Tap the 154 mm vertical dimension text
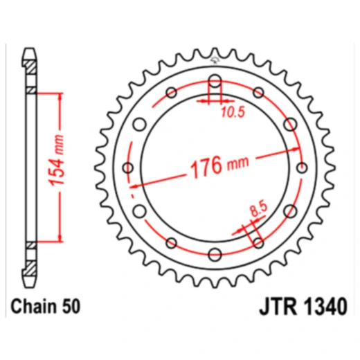point(57,161)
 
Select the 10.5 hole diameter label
point(233,113)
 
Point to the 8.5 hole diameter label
point(259,209)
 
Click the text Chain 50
point(46,307)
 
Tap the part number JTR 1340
point(303,307)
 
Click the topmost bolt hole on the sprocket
point(215,81)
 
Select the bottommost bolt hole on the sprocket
point(215,254)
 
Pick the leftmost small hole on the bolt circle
point(128,168)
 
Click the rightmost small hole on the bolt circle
point(302,168)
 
